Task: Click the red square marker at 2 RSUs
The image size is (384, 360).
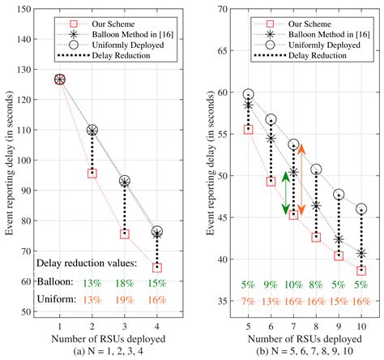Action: tap(92, 174)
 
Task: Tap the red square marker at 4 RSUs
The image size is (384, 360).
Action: tap(156, 267)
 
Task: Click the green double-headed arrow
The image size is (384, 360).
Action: tap(285, 194)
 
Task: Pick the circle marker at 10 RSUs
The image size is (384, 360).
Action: tap(361, 209)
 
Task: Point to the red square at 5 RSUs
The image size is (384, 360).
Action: tap(248, 129)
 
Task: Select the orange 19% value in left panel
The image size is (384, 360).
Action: tap(124, 300)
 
